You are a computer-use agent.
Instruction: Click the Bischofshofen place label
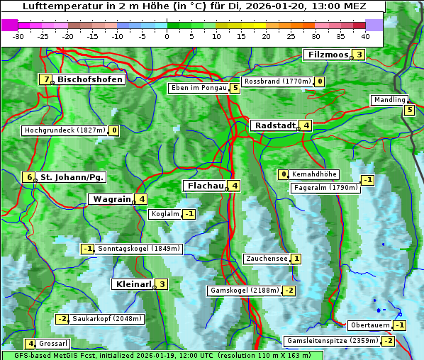click(90, 79)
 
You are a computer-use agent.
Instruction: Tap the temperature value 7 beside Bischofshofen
click(46, 79)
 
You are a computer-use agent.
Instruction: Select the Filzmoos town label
click(328, 55)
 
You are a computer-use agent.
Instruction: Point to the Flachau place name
click(205, 186)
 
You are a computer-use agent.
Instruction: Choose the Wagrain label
click(111, 199)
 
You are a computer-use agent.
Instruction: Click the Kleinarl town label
click(133, 284)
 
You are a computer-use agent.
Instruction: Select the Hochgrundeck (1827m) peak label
click(65, 130)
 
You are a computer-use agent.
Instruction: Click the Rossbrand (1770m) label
click(277, 81)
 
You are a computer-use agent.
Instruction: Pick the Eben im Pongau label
click(198, 88)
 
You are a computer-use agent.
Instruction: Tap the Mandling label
click(389, 100)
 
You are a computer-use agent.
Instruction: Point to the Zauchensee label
click(266, 259)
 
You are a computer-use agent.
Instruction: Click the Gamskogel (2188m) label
click(245, 291)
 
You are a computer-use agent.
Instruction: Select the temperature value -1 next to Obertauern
click(400, 325)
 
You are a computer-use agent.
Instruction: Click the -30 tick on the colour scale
click(18, 36)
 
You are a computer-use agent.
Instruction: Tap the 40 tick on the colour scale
click(365, 36)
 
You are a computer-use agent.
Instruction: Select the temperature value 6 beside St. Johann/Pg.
click(29, 177)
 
